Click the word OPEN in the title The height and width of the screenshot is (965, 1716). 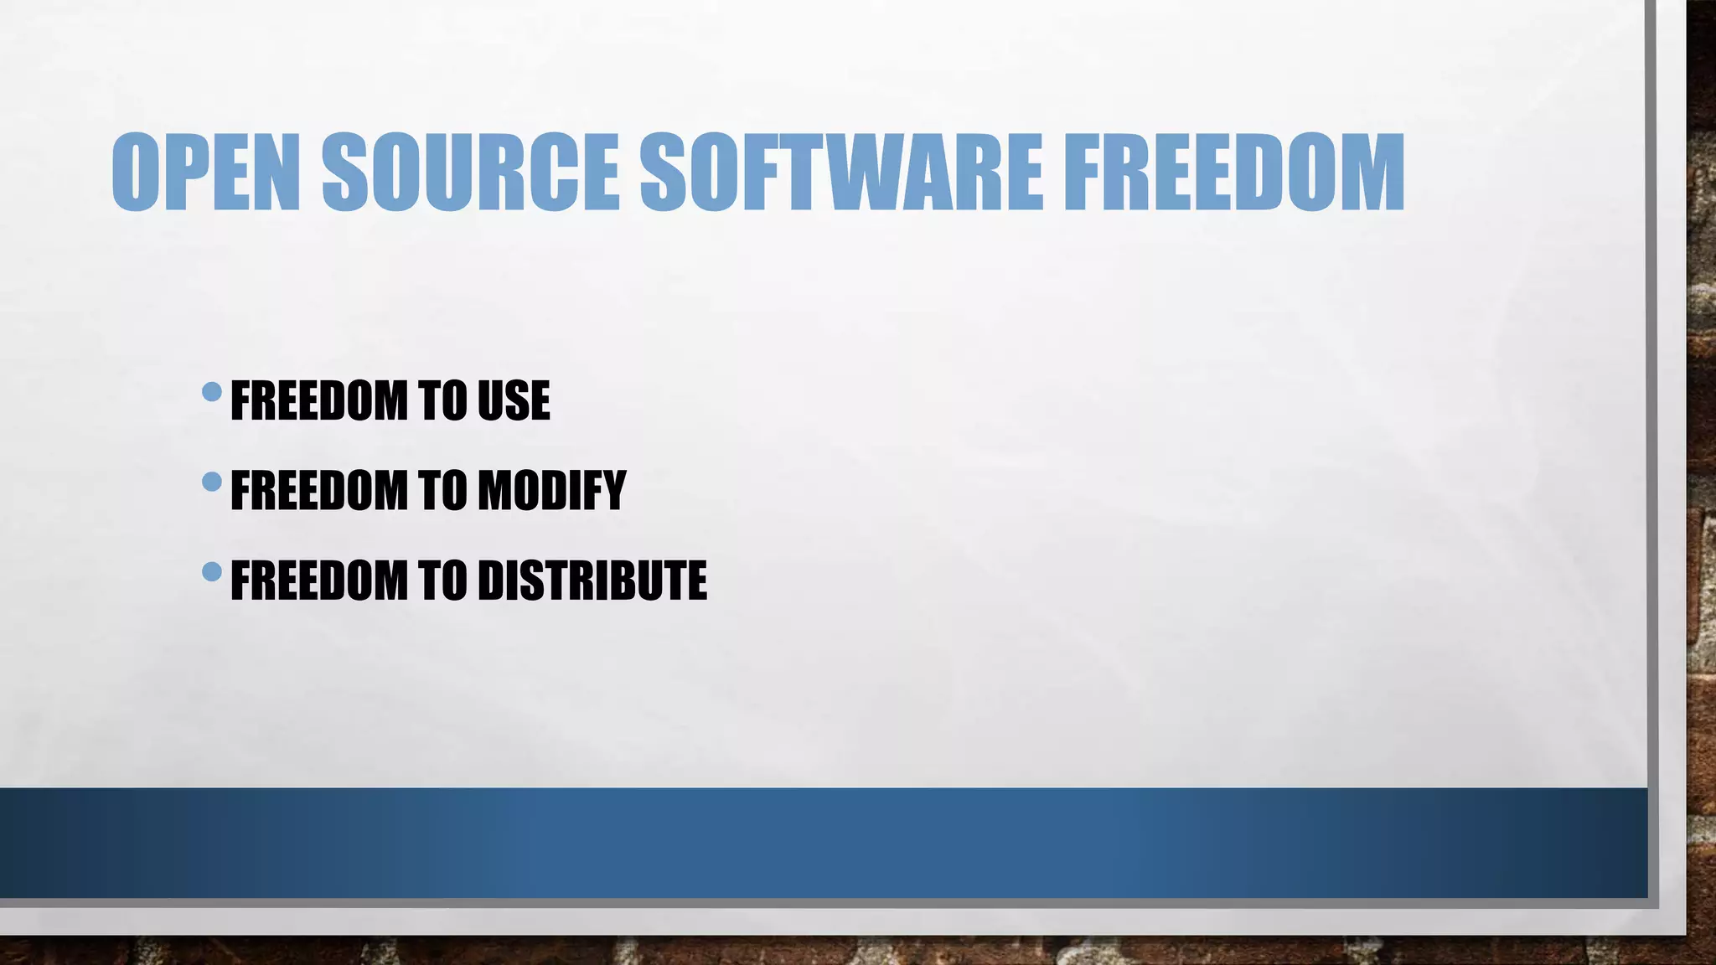205,173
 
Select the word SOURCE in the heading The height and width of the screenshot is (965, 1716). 470,173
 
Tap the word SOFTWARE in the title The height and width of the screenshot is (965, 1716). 841,173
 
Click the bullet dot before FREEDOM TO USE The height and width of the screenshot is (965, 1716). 212,391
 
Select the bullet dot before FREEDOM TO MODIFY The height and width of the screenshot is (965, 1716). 212,482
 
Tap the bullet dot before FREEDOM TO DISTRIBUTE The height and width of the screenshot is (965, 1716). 212,572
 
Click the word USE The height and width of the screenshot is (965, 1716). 514,400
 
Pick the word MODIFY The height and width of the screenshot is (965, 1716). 551,491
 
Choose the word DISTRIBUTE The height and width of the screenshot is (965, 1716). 592,581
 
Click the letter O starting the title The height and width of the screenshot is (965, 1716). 135,173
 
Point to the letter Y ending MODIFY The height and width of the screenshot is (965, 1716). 612,491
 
